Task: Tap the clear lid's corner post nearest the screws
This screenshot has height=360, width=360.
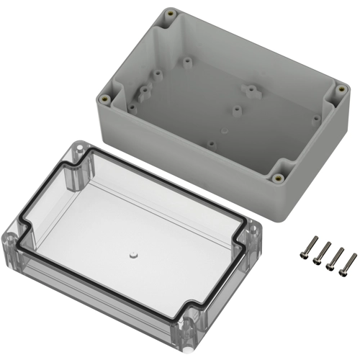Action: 253,238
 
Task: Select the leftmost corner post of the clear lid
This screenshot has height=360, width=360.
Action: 11,237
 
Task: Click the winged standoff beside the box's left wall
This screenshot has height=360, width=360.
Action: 142,91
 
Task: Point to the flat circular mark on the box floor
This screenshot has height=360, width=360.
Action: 223,130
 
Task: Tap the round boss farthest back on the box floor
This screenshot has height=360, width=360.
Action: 186,63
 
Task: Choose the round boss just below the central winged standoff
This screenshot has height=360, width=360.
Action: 236,110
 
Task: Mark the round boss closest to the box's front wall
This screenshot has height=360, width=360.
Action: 211,143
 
